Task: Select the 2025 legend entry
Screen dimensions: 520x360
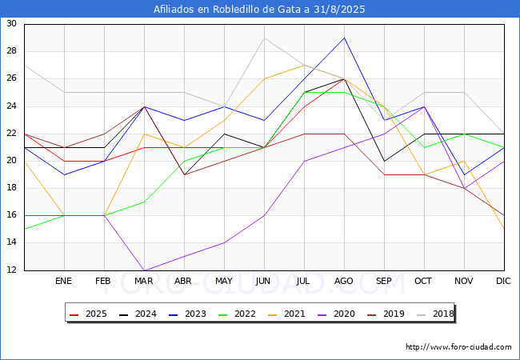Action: [x=88, y=314]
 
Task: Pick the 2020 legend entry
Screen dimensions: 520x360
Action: [x=336, y=314]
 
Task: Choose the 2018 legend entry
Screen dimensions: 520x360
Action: [x=435, y=314]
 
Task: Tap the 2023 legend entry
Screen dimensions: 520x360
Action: [x=187, y=314]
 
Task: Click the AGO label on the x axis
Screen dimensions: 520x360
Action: [x=343, y=281]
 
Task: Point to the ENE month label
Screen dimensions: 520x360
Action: [x=63, y=281]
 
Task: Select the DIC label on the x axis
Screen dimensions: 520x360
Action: [x=503, y=281]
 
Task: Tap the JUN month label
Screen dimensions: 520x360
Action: [x=263, y=281]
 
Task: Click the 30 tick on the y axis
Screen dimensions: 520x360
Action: [x=11, y=23]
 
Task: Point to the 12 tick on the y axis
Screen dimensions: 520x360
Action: [x=11, y=270]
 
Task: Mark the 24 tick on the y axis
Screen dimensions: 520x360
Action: [x=11, y=106]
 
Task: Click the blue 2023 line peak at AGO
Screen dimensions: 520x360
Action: [x=345, y=38]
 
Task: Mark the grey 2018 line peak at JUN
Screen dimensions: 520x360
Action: [x=264, y=38]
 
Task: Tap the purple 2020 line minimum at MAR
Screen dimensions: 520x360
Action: [x=144, y=270]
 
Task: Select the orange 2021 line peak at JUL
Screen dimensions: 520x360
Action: [x=305, y=65]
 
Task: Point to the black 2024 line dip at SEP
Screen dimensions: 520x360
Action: [x=384, y=161]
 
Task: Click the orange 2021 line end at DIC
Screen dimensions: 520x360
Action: [x=504, y=229]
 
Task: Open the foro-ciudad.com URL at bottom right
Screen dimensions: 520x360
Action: [x=458, y=346]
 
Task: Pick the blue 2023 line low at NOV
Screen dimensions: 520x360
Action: [x=464, y=174]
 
